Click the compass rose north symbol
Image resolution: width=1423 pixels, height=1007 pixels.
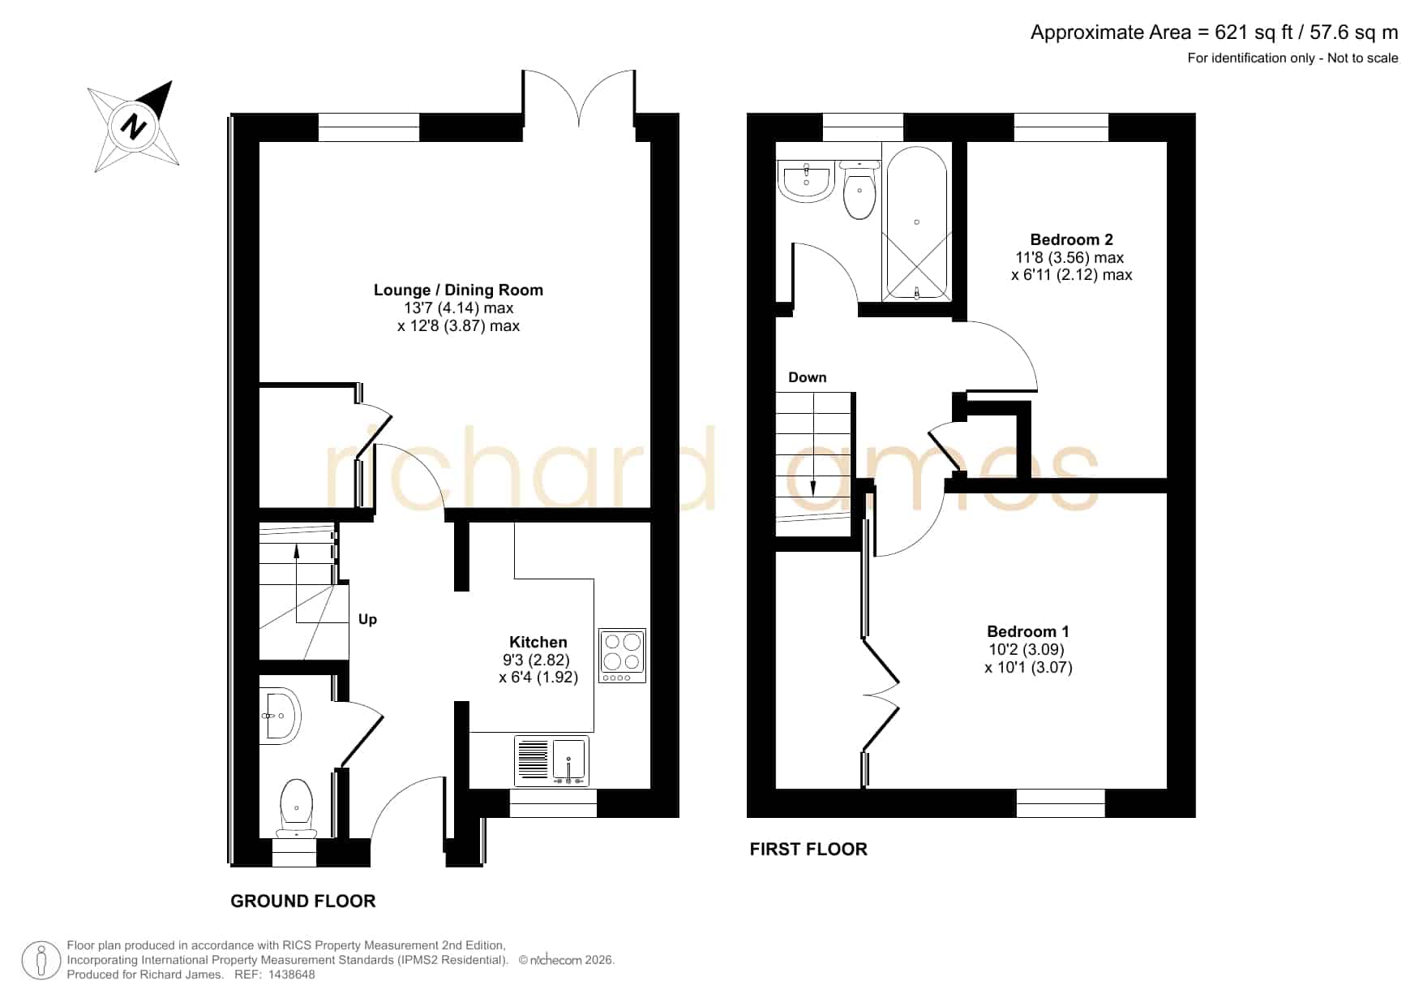(x=134, y=127)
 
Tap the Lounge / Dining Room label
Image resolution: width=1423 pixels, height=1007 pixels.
(x=458, y=290)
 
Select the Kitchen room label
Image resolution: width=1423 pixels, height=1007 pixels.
(x=538, y=642)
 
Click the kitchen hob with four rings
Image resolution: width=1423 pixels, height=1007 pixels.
(x=622, y=655)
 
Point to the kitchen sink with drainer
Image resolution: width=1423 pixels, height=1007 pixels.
(x=551, y=760)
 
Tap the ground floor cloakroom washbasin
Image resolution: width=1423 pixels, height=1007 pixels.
(x=280, y=716)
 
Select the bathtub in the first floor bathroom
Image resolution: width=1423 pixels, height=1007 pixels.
(x=916, y=223)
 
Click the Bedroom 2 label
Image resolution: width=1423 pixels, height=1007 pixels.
(x=1071, y=239)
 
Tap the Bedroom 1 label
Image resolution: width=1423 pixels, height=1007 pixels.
(x=1028, y=631)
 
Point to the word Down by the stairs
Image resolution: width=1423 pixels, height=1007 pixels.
(x=808, y=377)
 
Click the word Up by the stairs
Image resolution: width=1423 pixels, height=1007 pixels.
(x=367, y=619)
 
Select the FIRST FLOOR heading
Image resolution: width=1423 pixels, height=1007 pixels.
(x=808, y=849)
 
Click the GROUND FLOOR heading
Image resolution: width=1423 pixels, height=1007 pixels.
(x=303, y=901)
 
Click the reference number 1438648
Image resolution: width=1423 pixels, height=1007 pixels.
(x=291, y=975)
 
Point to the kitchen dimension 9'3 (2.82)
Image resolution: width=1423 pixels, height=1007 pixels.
(x=536, y=660)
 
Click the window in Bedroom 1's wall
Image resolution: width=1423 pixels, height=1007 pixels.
(x=1061, y=803)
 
